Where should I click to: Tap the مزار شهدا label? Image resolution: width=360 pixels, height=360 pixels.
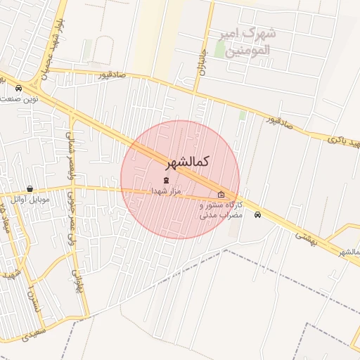click(166, 191)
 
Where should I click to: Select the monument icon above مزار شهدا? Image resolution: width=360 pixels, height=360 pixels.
click(166, 181)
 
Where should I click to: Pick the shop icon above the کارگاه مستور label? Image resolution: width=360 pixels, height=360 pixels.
click(221, 195)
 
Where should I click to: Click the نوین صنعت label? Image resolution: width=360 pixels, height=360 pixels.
click(20, 99)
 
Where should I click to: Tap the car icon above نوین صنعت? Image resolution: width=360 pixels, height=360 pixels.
click(18, 89)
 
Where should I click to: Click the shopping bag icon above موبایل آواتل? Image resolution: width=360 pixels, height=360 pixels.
click(30, 188)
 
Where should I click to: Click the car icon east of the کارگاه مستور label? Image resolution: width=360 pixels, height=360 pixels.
click(257, 214)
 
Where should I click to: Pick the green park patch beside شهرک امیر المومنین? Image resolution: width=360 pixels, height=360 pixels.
click(220, 49)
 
